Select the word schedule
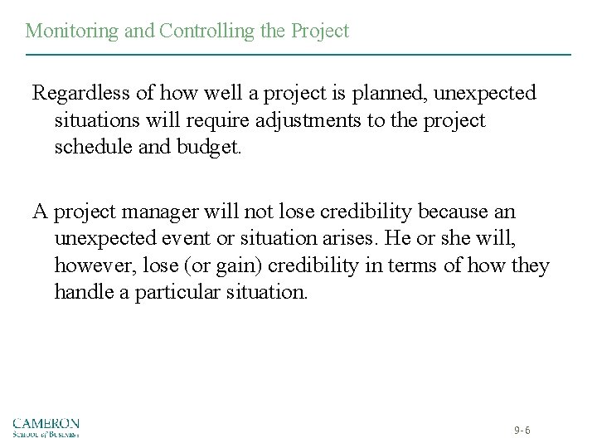[94, 149]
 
